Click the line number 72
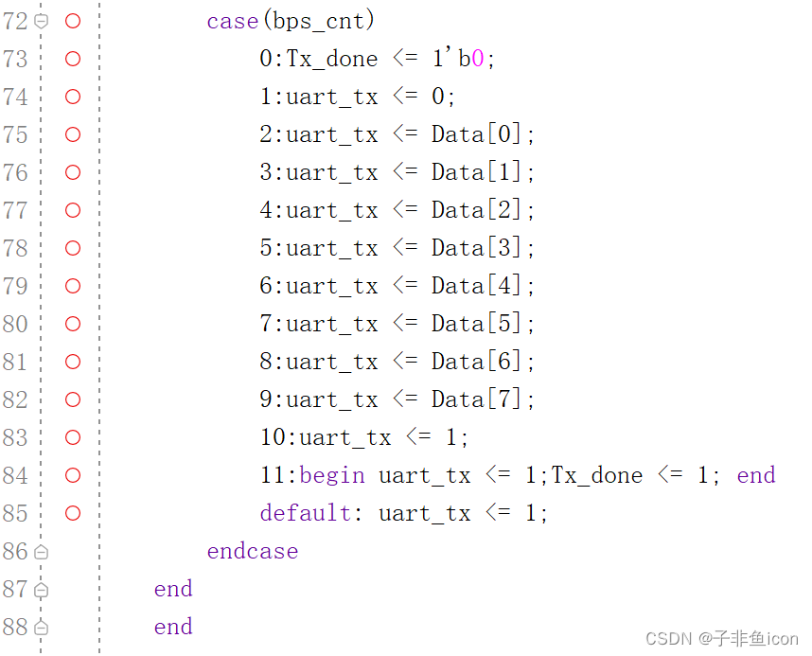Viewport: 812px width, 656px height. point(15,21)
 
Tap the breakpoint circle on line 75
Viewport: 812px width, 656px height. point(73,134)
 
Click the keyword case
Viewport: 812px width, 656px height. point(232,21)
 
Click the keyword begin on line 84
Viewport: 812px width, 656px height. point(332,475)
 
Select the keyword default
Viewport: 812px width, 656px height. point(306,513)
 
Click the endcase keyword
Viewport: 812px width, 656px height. point(253,551)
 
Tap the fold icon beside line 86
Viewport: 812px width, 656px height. point(41,551)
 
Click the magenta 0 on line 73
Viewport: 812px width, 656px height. point(478,59)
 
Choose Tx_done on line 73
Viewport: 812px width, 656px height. point(332,59)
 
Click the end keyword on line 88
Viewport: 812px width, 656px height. point(173,627)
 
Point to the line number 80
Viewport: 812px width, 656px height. point(15,324)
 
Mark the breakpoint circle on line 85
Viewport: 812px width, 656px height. point(73,513)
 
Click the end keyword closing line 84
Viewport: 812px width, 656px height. point(755,475)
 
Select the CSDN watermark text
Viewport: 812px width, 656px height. point(722,638)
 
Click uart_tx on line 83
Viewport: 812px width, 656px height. point(344,437)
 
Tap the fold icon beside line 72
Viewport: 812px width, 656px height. point(41,21)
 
